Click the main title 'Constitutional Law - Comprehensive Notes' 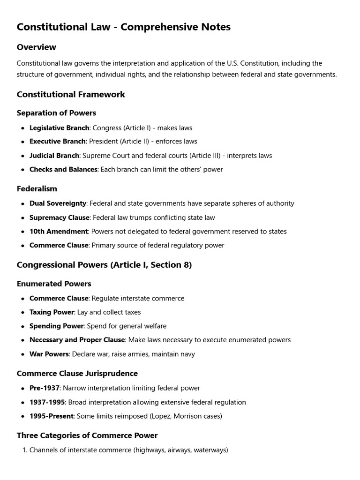123,27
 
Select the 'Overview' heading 36,47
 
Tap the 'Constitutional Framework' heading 71,95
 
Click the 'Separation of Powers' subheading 56,113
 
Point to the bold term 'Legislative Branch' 59,128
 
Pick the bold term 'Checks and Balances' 63,170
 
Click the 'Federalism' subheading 37,189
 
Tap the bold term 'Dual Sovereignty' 58,203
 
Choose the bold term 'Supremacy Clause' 59,217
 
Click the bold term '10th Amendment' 59,232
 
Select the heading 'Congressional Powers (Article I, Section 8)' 104,265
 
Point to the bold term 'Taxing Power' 52,312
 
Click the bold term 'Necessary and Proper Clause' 77,340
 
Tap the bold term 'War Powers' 49,354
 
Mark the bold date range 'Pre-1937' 45,388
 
